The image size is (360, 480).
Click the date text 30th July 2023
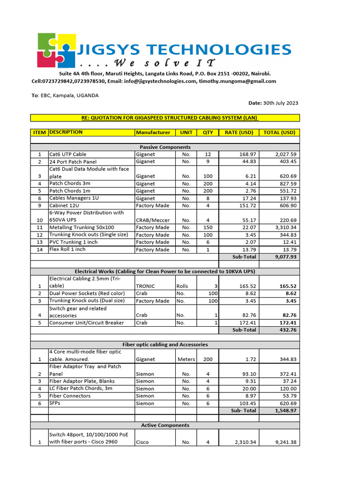[280, 103]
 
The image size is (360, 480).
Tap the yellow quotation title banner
[165, 118]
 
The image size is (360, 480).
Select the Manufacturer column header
[153, 132]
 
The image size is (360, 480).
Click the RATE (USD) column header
[239, 132]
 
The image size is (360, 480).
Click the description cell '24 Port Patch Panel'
[73, 162]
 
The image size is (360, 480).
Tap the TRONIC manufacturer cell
[145, 286]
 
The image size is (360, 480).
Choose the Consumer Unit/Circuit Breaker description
[87, 322]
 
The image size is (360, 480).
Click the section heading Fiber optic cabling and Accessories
[165, 345]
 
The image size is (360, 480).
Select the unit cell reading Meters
[186, 360]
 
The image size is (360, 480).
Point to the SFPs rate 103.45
[246, 403]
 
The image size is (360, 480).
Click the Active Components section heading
[165, 425]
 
